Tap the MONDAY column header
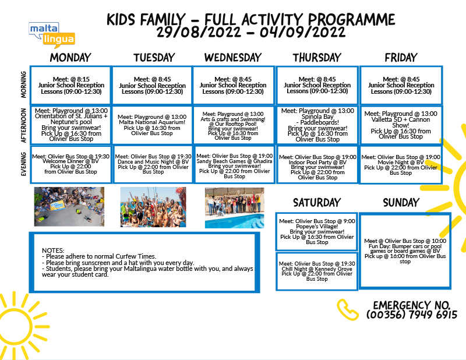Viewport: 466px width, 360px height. pyautogui.click(x=70, y=58)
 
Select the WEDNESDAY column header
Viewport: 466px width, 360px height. pyautogui.click(x=233, y=58)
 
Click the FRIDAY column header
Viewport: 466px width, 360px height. pyautogui.click(x=401, y=58)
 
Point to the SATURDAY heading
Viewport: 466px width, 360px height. pyautogui.click(x=316, y=203)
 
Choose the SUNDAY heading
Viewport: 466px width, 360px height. pyautogui.click(x=401, y=203)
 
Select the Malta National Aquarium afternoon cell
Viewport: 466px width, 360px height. pyautogui.click(x=151, y=125)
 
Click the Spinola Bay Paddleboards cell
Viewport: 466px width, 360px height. pyautogui.click(x=317, y=125)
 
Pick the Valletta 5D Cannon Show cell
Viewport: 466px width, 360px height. pyautogui.click(x=401, y=125)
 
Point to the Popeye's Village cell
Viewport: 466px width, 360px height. pyautogui.click(x=316, y=231)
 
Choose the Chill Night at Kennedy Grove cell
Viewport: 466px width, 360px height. pyautogui.click(x=316, y=271)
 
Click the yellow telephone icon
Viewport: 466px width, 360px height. pyautogui.click(x=348, y=309)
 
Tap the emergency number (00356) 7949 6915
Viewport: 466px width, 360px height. pyautogui.click(x=411, y=315)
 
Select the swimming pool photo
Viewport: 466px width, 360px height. pyautogui.click(x=234, y=207)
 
